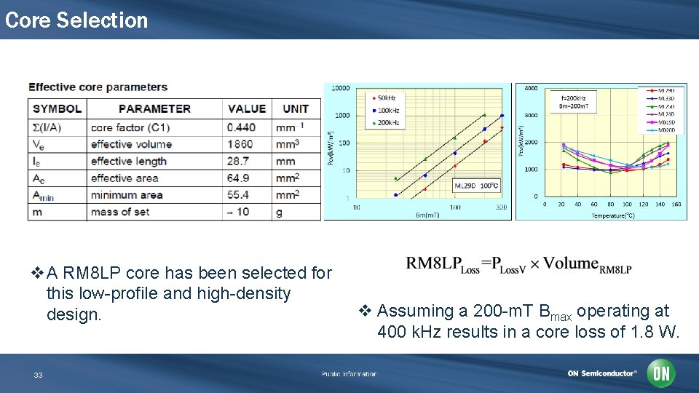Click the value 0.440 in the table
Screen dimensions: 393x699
pos(241,127)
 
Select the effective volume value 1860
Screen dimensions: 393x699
pos(240,144)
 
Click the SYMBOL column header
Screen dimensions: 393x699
pos(58,109)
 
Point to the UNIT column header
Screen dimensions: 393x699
pos(296,109)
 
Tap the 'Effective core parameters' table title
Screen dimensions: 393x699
pos(98,87)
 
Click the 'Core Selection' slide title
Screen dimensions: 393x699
pos(76,20)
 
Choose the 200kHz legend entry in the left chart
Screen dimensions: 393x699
pos(387,123)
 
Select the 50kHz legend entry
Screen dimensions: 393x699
pos(385,98)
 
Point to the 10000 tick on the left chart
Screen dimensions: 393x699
pos(340,89)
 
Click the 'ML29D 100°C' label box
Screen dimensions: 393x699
pos(478,185)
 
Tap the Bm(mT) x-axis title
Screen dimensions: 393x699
pos(429,215)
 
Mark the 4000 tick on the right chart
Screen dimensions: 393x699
pos(531,89)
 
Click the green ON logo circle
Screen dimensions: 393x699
pos(662,373)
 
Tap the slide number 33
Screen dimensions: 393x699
pos(39,376)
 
